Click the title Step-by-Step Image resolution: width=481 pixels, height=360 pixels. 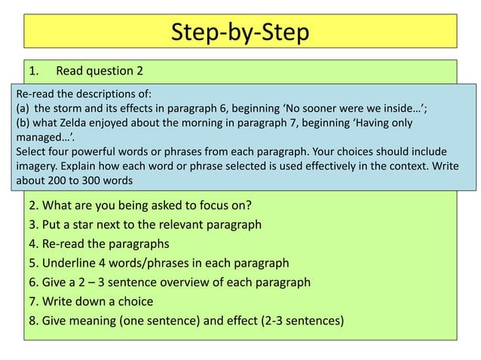click(240, 33)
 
